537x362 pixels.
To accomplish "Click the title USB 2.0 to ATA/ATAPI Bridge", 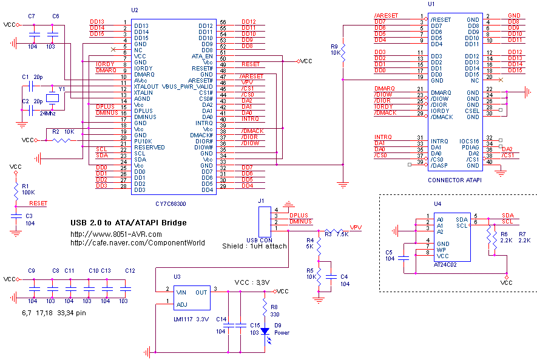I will tap(129, 223).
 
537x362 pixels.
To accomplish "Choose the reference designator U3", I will tap(177, 277).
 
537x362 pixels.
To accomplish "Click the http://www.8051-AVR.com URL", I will tap(117, 234).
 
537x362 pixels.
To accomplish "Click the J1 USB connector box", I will tap(265, 221).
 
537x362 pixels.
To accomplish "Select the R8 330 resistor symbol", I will tap(265, 310).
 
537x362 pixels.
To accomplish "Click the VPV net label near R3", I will tap(356, 227).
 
